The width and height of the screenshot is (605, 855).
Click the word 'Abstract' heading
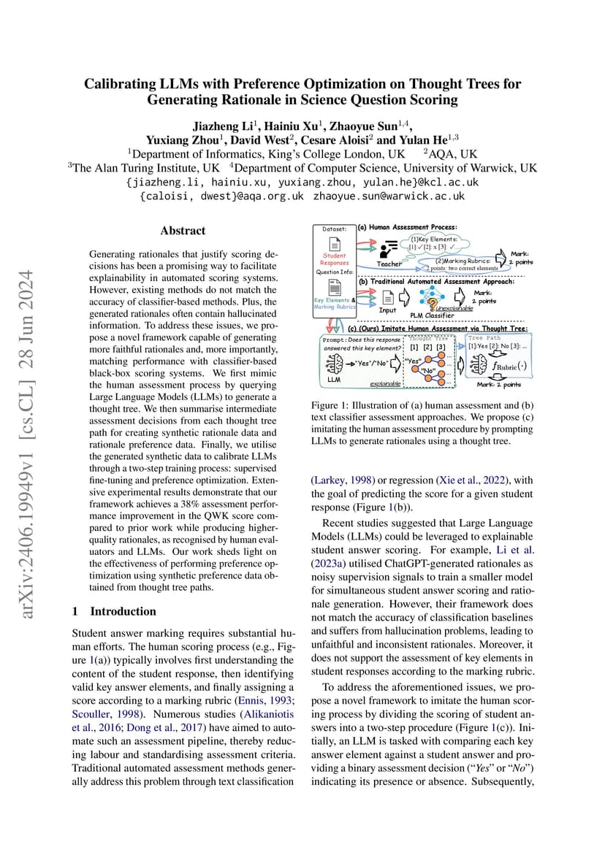tap(183, 231)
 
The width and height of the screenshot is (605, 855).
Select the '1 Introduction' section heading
tap(114, 611)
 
